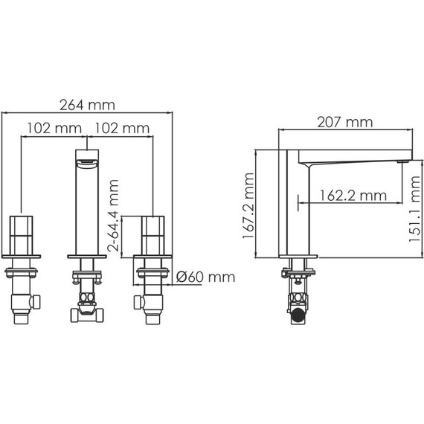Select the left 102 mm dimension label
[x=54, y=128]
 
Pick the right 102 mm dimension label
[x=121, y=128]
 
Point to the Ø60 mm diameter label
[x=206, y=277]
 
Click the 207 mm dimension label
[x=344, y=121]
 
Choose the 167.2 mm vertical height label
[x=250, y=203]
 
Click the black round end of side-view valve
[x=297, y=315]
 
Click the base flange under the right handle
[x=154, y=260]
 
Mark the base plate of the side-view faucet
[x=298, y=257]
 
